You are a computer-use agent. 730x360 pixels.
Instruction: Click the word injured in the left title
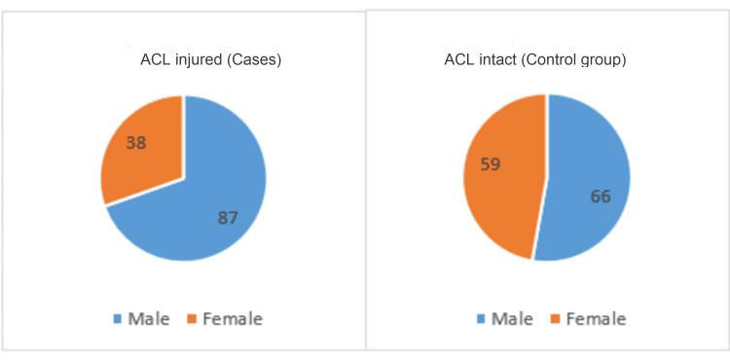194,61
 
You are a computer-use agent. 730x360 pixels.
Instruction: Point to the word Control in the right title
562,61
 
